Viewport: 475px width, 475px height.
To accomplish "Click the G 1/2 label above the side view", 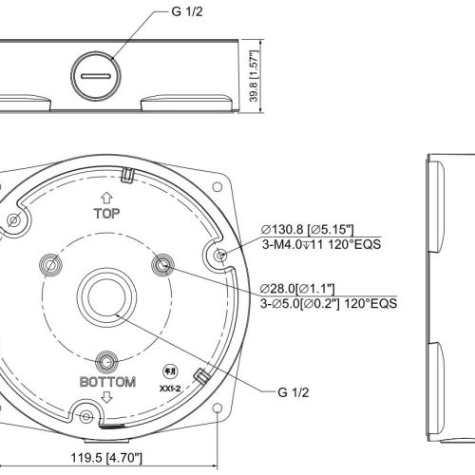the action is point(186,11).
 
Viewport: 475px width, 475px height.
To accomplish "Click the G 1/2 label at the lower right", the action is point(293,392).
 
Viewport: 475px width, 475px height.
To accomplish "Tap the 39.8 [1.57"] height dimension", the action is point(254,76).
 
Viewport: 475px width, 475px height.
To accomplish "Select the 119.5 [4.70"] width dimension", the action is point(106,458).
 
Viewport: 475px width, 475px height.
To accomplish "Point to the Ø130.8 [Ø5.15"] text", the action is point(307,229).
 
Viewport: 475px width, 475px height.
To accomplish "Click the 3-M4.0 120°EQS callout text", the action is point(321,244).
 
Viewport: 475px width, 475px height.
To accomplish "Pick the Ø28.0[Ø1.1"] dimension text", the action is point(297,289).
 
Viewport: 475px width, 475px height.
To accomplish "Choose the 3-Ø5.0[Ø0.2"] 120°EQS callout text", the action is point(329,303).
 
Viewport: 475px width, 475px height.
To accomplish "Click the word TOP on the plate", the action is point(106,214).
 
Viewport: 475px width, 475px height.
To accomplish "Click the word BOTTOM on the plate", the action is point(107,382).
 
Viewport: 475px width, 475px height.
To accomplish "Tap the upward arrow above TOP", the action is point(106,198).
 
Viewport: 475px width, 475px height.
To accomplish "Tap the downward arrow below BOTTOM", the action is point(107,397).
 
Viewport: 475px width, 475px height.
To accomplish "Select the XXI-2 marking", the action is point(170,389).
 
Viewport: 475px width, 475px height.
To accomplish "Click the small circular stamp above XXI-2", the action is point(170,371).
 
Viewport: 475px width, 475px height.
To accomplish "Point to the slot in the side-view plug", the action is point(96,76).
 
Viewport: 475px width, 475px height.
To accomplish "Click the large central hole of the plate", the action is point(106,297).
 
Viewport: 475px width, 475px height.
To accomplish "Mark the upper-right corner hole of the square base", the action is point(217,187).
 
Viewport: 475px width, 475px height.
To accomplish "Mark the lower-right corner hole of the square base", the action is point(217,408).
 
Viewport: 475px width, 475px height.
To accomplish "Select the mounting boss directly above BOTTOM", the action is point(107,362).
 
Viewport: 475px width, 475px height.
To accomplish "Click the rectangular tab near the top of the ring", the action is point(127,175).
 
